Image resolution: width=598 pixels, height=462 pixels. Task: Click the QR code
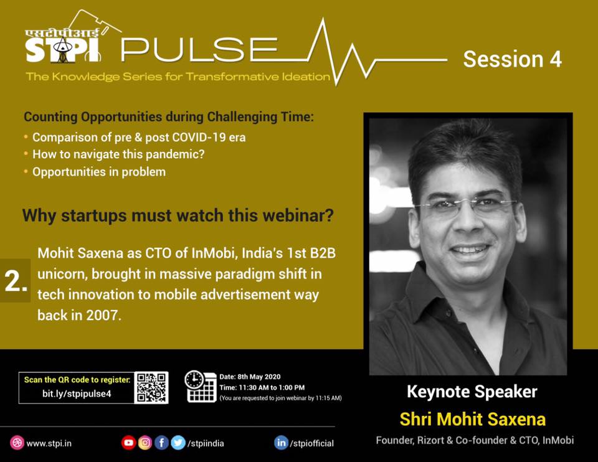[151, 388]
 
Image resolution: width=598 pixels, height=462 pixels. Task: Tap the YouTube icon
[128, 443]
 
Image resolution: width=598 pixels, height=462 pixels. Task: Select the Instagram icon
[145, 443]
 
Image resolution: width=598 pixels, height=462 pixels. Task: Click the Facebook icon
[161, 443]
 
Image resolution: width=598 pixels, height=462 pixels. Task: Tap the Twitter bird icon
[178, 443]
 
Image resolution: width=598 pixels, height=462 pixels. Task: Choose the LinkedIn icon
[281, 443]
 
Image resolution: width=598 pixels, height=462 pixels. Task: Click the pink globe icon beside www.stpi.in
[17, 443]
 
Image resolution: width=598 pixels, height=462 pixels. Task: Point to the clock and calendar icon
[200, 386]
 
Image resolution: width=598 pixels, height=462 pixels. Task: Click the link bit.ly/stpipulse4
[77, 394]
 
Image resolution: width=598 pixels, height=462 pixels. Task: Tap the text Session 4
[512, 59]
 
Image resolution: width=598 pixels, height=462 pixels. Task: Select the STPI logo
[63, 45]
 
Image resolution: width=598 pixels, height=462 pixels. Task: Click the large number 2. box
[15, 281]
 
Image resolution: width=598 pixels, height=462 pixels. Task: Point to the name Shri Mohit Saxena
[473, 419]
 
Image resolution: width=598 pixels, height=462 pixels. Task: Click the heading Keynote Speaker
[472, 392]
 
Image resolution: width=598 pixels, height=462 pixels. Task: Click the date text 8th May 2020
[259, 377]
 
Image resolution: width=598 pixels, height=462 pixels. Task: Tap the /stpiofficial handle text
[311, 443]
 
